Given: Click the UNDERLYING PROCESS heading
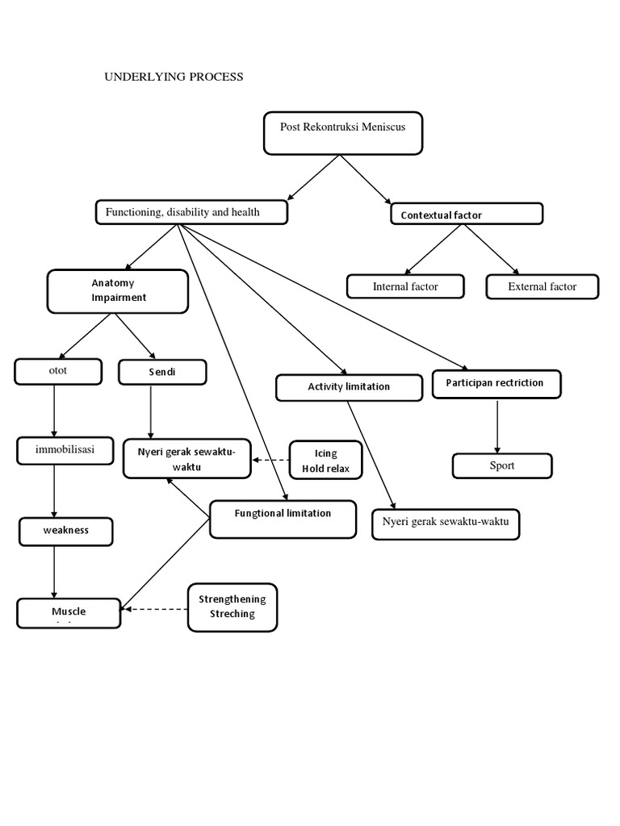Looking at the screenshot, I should (174, 77).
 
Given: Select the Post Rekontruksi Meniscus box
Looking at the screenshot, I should (342, 133).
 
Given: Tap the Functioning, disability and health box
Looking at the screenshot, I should (191, 212).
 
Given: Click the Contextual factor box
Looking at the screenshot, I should (466, 215).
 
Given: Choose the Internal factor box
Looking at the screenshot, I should (405, 286).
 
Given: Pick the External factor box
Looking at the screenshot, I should (542, 286).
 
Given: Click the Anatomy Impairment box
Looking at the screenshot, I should (118, 291).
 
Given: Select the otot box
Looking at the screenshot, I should (58, 372).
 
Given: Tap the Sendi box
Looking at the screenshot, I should (162, 372).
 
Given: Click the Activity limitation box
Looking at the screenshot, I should (349, 387).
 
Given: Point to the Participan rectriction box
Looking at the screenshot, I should (496, 383).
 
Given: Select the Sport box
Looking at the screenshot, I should (501, 465).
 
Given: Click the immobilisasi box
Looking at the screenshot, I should (65, 450).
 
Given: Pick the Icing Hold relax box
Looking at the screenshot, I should (325, 461).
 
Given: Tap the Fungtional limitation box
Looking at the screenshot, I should (283, 519).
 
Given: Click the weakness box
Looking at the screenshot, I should (66, 531).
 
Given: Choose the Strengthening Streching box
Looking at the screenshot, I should (232, 607).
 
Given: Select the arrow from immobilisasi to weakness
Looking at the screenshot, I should (54, 490).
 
